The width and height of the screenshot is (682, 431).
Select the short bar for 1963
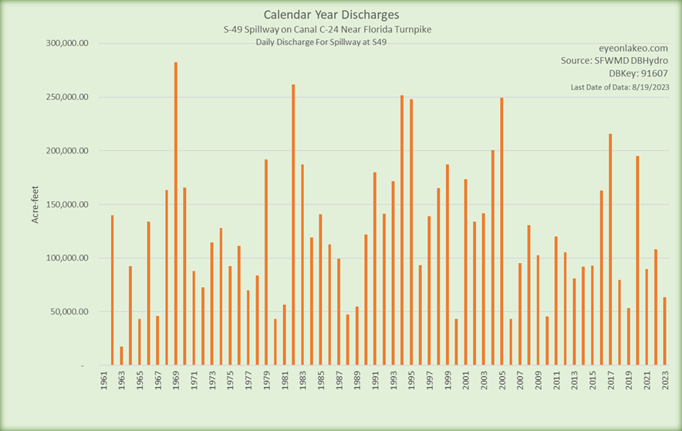click(x=121, y=355)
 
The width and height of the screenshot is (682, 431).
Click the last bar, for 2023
click(x=664, y=331)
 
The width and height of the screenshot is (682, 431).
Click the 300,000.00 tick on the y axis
click(x=66, y=44)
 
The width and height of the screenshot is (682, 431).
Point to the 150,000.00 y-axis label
click(x=66, y=204)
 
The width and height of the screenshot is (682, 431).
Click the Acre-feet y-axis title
click(x=35, y=204)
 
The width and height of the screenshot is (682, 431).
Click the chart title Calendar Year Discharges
click(x=332, y=15)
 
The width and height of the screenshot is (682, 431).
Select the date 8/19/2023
click(x=648, y=87)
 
